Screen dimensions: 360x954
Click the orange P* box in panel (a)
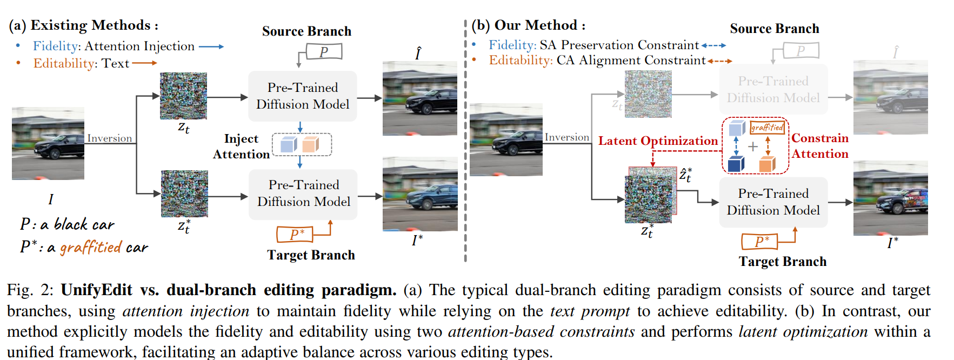(x=294, y=235)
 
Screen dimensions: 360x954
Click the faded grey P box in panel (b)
(x=800, y=51)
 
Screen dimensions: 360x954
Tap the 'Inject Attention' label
(x=241, y=146)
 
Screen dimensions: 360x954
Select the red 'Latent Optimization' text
(x=658, y=141)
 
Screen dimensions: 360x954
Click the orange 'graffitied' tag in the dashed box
(x=767, y=128)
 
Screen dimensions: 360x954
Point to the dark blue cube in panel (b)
(x=736, y=164)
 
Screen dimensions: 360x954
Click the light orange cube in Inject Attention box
(x=311, y=144)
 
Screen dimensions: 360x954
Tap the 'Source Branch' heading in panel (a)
(x=306, y=31)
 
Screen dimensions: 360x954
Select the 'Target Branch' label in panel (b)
(x=782, y=262)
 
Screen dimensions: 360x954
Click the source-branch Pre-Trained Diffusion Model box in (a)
(x=302, y=96)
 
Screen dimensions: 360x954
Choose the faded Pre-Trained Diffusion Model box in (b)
(x=773, y=90)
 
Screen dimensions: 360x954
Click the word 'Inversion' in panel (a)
(x=109, y=138)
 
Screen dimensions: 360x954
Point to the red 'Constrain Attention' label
(x=819, y=146)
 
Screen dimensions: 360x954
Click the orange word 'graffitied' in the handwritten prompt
(x=91, y=248)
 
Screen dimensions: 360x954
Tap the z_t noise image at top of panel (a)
(x=183, y=96)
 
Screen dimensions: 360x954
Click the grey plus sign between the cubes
(x=752, y=146)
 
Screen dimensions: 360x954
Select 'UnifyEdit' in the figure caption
(x=96, y=290)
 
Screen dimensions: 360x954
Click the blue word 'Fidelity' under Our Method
(x=512, y=45)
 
